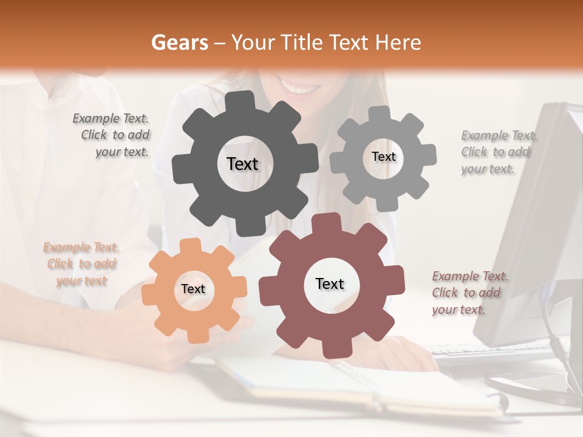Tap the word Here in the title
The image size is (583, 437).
click(398, 42)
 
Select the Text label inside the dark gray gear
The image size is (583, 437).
click(242, 164)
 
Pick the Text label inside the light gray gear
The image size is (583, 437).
click(383, 157)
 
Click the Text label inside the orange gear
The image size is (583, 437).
click(193, 289)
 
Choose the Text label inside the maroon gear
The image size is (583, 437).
click(330, 283)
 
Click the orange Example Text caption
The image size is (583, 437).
click(81, 264)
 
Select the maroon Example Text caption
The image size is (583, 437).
click(469, 293)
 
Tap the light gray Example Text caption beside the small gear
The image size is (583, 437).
click(498, 152)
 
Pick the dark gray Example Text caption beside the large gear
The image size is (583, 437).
click(112, 135)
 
